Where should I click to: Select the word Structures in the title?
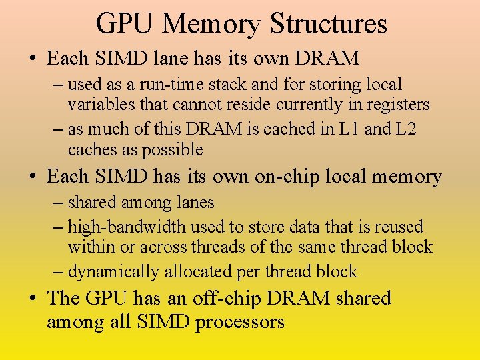329,23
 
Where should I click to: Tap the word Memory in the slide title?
211,25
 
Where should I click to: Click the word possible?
171,149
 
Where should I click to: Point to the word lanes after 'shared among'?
191,202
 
